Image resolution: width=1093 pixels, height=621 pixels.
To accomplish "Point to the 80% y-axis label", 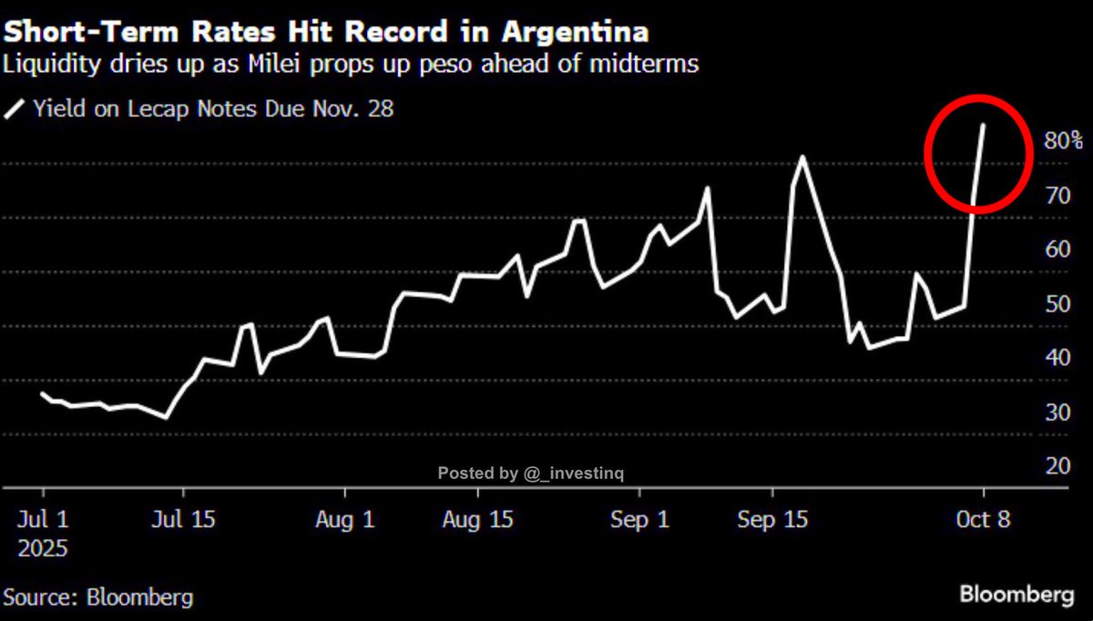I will click(1063, 141).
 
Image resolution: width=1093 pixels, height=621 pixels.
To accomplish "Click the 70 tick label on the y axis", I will click(1056, 196).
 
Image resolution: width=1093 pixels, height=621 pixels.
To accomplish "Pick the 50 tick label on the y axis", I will click(1056, 304).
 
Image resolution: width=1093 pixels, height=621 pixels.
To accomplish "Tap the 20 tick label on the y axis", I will click(1056, 466).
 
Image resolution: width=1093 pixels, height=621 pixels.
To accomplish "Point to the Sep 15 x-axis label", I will click(772, 521).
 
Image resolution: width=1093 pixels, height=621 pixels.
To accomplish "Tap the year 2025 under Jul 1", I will click(42, 549).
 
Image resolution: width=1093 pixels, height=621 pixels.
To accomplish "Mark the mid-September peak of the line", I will click(802, 158).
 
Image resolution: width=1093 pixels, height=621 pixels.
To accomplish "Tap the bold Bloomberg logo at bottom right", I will click(1016, 596).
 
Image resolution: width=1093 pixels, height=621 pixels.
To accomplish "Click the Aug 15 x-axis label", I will click(477, 521).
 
